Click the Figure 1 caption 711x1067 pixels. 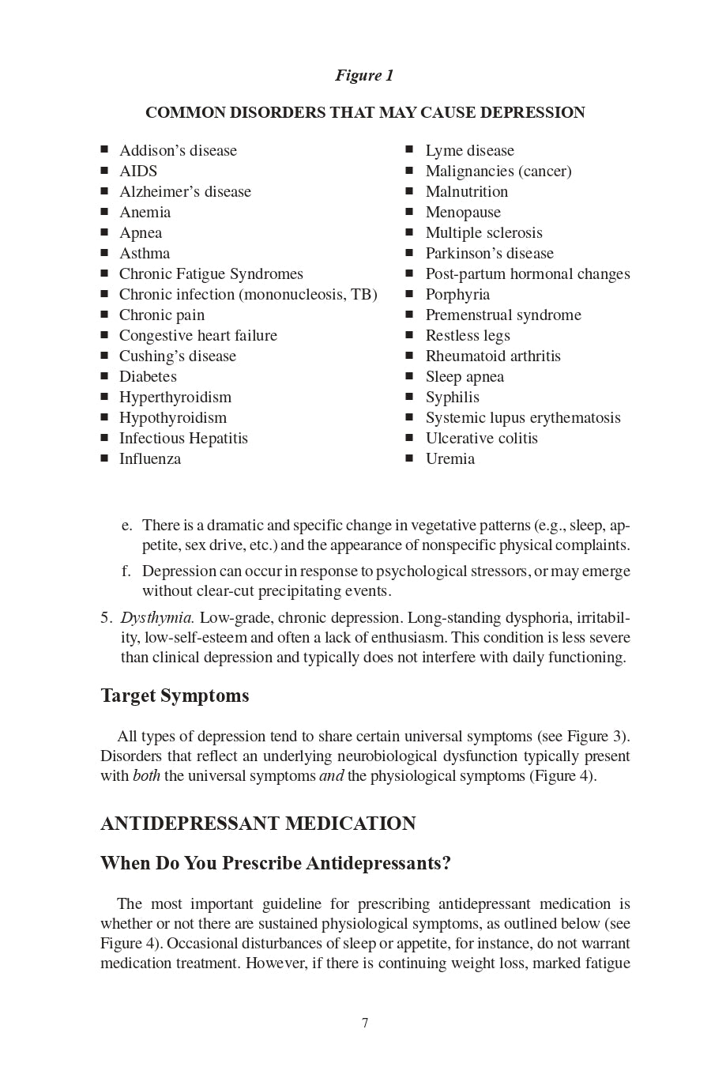[364, 76]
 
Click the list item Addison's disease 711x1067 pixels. [178, 151]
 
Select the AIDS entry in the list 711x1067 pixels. [138, 172]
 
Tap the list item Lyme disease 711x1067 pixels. [469, 151]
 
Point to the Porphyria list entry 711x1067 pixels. [457, 295]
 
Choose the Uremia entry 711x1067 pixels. [450, 459]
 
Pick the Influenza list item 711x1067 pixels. [150, 459]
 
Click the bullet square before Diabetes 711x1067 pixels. [104, 376]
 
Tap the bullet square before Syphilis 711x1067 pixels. [409, 397]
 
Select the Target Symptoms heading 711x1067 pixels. [175, 696]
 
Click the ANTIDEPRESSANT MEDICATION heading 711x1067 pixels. [258, 824]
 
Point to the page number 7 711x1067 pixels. [365, 1024]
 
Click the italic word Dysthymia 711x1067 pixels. [157, 618]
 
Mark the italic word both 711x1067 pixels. [146, 776]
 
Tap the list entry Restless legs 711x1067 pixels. [468, 336]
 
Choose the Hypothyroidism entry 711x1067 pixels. [173, 418]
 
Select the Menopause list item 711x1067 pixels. [463, 213]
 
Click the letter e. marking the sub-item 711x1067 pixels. [126, 526]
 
